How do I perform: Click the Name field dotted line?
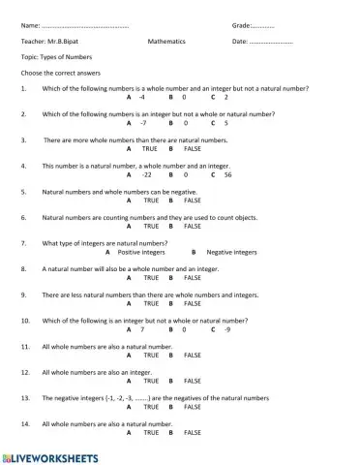click(86, 25)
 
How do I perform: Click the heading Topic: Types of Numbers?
click(56, 57)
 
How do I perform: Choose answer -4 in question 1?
click(142, 98)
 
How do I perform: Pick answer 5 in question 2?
click(225, 123)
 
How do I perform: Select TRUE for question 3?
click(150, 149)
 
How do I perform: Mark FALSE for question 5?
click(192, 200)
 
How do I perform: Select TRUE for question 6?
click(150, 226)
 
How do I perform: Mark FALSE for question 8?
click(192, 277)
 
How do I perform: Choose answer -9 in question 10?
click(227, 329)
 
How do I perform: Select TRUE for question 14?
click(150, 432)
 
